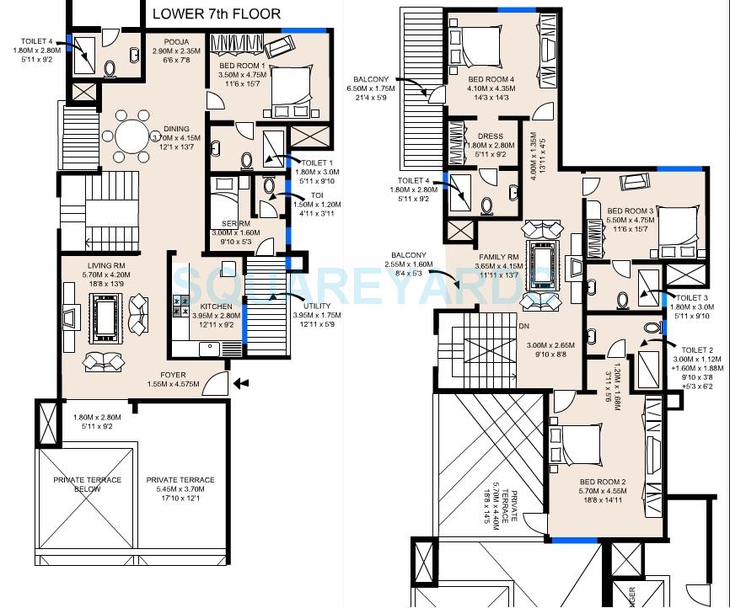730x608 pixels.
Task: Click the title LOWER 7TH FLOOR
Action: point(217,14)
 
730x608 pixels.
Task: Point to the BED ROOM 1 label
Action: point(243,66)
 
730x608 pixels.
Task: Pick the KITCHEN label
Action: point(217,307)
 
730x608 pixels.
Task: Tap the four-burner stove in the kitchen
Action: point(182,306)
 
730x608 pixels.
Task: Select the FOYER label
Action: point(174,375)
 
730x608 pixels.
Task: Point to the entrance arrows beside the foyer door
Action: point(243,383)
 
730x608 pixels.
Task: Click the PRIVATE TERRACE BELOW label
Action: point(88,484)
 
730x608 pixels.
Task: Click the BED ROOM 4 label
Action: point(491,80)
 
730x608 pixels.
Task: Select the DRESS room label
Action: point(490,136)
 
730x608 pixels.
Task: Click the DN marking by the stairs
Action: point(523,326)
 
